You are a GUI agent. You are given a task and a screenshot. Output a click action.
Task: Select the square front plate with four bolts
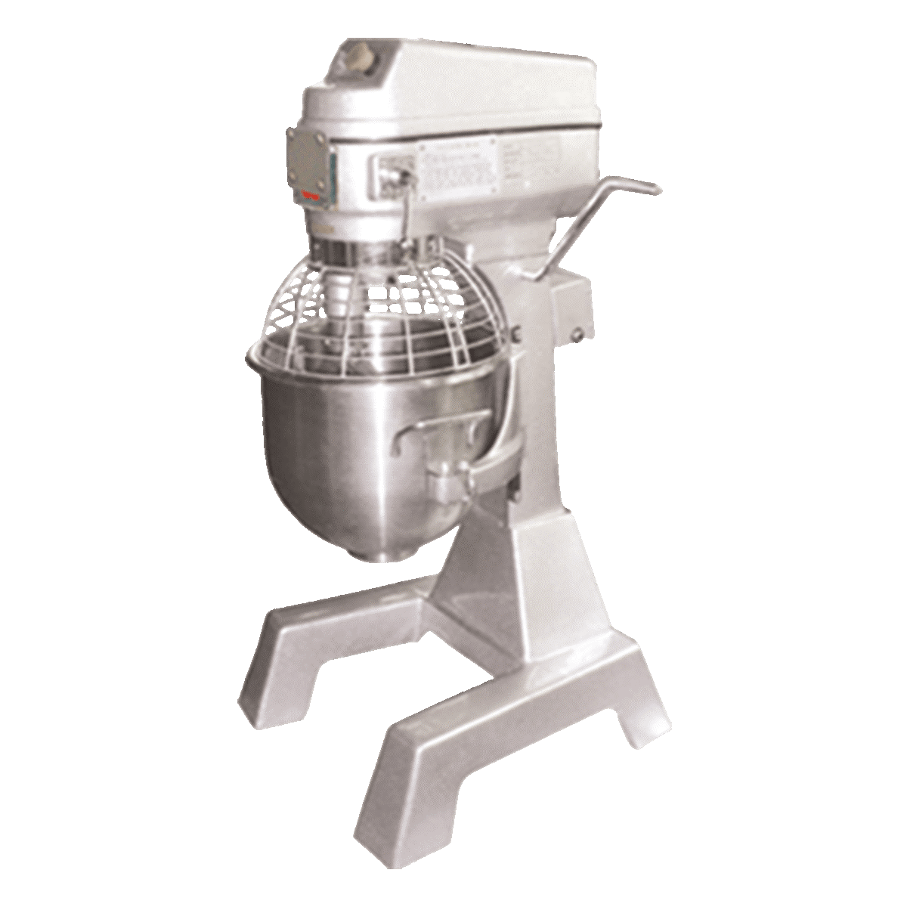(311, 168)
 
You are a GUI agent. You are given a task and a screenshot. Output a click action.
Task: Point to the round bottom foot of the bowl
(390, 555)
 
